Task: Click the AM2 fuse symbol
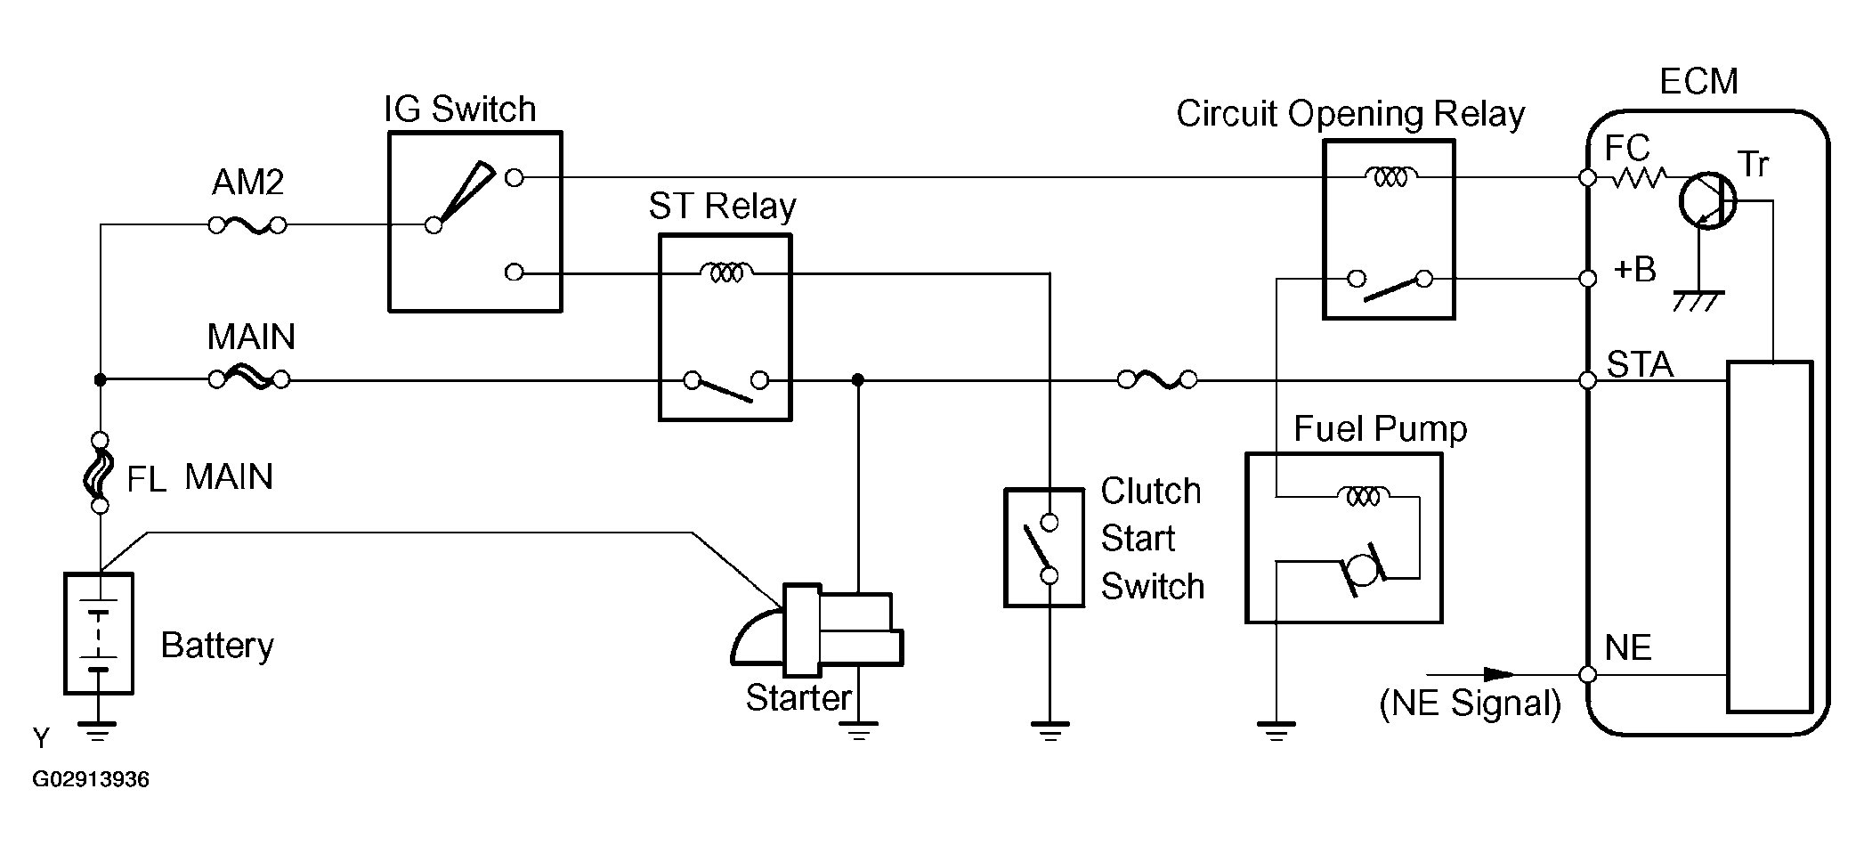247,225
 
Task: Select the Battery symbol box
99,633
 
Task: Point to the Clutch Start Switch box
1044,547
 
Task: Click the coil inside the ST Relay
726,272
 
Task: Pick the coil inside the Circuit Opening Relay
1390,177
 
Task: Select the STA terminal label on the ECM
1640,365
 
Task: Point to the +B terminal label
1634,269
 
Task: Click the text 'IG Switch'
459,110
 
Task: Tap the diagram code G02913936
91,780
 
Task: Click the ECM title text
1698,82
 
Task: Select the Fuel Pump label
1380,429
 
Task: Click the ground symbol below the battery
98,733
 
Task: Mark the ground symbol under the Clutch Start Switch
1050,732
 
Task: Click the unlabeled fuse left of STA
1157,381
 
